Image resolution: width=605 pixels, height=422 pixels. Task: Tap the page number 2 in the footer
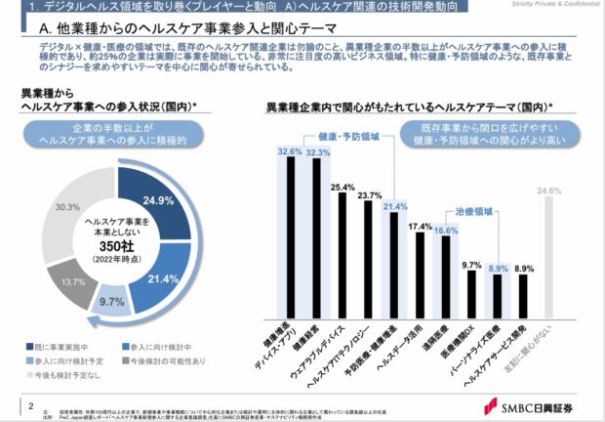33,404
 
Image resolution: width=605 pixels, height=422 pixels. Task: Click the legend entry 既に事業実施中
60,346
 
